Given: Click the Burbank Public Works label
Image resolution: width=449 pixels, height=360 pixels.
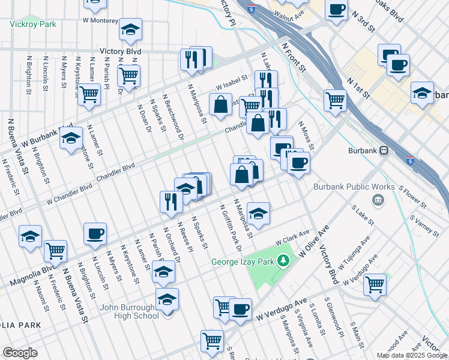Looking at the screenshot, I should click(352, 187).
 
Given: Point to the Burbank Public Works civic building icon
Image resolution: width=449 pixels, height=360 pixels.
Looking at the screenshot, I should click(378, 199).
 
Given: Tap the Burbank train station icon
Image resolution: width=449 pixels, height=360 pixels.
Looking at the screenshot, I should click(385, 151).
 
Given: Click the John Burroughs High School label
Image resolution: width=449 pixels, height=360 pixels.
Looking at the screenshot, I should click(129, 312).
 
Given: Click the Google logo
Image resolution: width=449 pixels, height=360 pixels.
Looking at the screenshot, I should click(20, 353).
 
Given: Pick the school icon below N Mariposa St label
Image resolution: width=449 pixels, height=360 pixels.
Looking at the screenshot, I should click(258, 214).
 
